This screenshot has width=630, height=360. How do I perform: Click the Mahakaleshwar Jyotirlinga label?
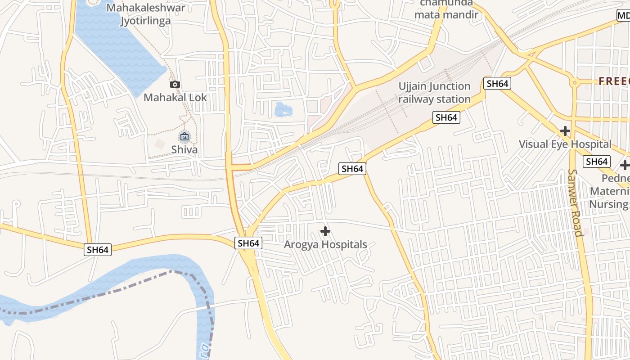(146, 14)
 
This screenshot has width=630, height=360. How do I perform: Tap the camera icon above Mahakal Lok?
(175, 84)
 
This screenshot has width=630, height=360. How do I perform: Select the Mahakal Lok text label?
(175, 97)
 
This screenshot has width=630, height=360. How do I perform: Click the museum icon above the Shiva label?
(184, 136)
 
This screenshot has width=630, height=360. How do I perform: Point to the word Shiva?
(184, 149)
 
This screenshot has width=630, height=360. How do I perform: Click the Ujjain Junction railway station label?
(434, 93)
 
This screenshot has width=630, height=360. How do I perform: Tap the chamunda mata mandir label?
(446, 9)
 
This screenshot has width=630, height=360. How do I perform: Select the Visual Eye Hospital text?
(565, 144)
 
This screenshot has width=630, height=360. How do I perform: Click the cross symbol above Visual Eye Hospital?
(565, 131)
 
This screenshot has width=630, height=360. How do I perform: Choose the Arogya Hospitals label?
(325, 245)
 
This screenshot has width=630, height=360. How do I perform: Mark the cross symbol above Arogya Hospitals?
(325, 231)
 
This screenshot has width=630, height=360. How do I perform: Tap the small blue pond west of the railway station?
(283, 109)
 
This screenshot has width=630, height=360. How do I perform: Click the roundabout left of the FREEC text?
(574, 83)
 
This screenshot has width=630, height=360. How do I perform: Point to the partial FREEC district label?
(614, 81)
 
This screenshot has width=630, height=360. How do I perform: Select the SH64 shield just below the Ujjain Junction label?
(446, 118)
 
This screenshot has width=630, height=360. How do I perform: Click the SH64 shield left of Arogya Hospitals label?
(248, 243)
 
